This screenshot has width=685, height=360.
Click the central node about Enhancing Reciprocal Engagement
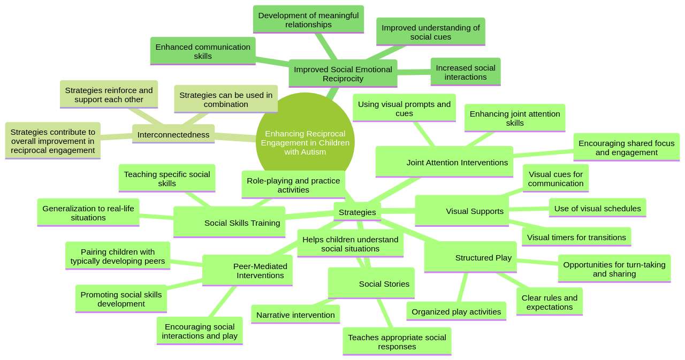point(305,142)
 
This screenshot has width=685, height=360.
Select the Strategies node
point(357,212)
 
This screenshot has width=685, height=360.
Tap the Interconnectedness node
point(173,134)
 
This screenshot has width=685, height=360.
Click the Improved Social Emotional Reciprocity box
point(342,73)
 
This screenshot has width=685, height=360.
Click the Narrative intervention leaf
point(295,315)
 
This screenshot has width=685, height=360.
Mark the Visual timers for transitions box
point(576,237)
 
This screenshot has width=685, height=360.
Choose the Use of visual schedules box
point(597,208)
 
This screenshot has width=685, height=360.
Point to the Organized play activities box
point(456,311)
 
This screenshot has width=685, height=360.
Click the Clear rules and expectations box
point(549,302)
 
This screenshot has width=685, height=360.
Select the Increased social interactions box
point(465,72)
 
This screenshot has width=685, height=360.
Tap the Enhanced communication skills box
point(203,51)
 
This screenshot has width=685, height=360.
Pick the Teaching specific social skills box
point(167,178)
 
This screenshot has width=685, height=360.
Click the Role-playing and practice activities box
point(293,185)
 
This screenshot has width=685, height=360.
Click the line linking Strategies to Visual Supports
point(398,211)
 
